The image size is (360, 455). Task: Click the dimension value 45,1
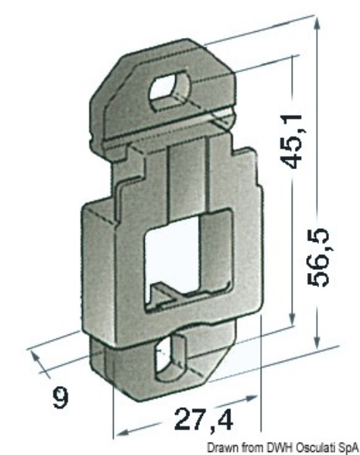[x=293, y=141]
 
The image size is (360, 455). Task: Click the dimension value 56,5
[x=318, y=257]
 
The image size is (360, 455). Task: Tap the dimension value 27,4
[x=204, y=419]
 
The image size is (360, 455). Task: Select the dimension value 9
[x=61, y=398]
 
